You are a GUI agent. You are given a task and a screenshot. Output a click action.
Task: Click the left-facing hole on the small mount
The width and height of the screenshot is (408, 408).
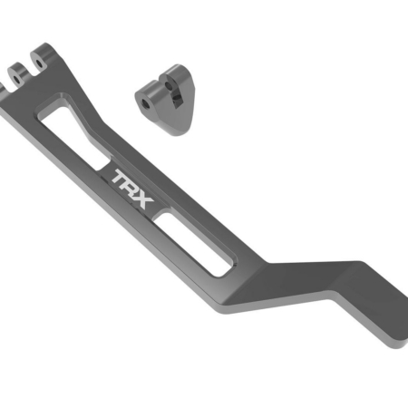click(x=146, y=102)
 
